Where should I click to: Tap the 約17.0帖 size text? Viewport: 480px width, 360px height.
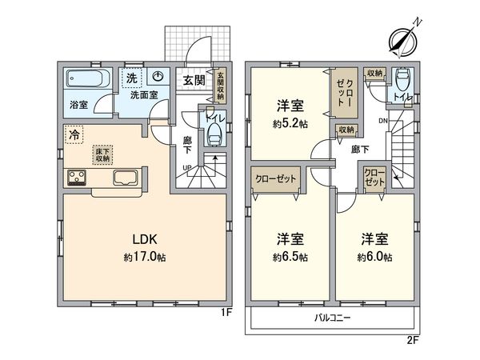coord(144,258)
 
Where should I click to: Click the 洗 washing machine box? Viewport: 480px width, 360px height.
coord(129,78)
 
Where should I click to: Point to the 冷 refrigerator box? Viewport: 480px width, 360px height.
coord(74,135)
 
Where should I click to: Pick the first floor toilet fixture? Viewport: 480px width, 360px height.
coord(214,137)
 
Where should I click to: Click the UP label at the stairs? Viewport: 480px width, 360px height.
coord(188,167)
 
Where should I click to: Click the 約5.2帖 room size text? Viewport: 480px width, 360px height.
coord(289,124)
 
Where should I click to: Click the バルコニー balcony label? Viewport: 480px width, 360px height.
coord(332,318)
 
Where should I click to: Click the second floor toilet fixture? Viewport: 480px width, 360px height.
coord(402,80)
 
